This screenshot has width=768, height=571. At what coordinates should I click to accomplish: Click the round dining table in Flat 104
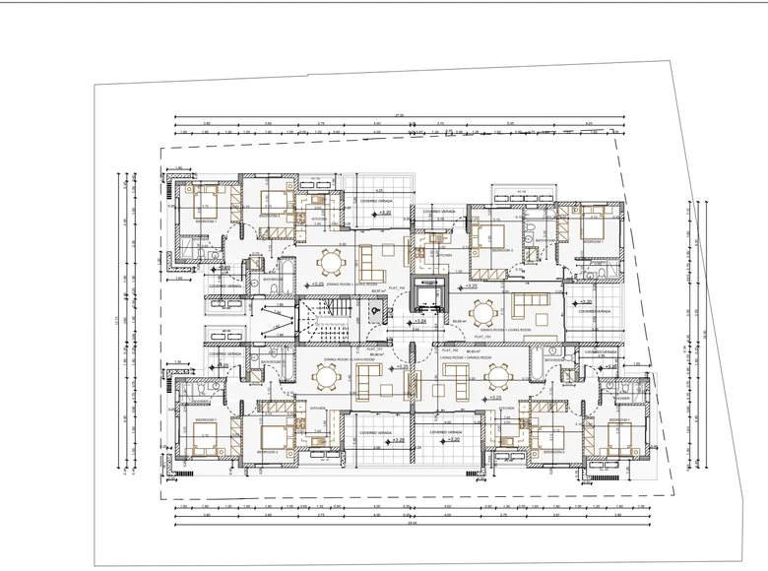tap(329, 262)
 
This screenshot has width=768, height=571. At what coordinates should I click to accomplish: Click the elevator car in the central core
tap(428, 298)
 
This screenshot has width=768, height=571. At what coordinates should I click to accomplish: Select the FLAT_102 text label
tap(452, 349)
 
